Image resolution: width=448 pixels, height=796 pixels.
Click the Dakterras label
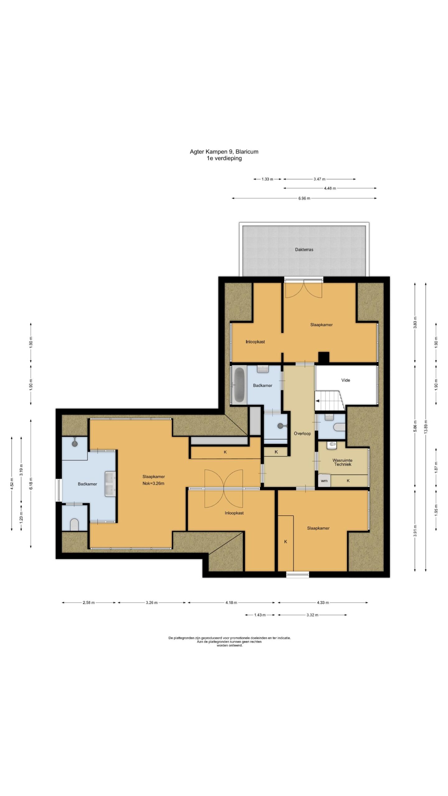pos(304,249)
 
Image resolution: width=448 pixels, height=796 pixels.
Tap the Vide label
pos(346,380)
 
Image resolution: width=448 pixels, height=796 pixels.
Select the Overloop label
pos(302,433)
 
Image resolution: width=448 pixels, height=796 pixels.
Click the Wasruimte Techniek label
pos(342,462)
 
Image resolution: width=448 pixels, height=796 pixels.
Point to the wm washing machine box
pos(324,480)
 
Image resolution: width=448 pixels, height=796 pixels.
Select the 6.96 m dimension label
pos(304,198)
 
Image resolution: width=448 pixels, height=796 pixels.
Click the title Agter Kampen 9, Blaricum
pos(224,152)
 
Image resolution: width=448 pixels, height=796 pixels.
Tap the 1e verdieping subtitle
pos(224,158)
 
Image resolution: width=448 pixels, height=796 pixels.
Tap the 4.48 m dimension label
pos(330,188)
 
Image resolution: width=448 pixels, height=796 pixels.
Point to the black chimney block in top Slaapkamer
pos(324,357)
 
